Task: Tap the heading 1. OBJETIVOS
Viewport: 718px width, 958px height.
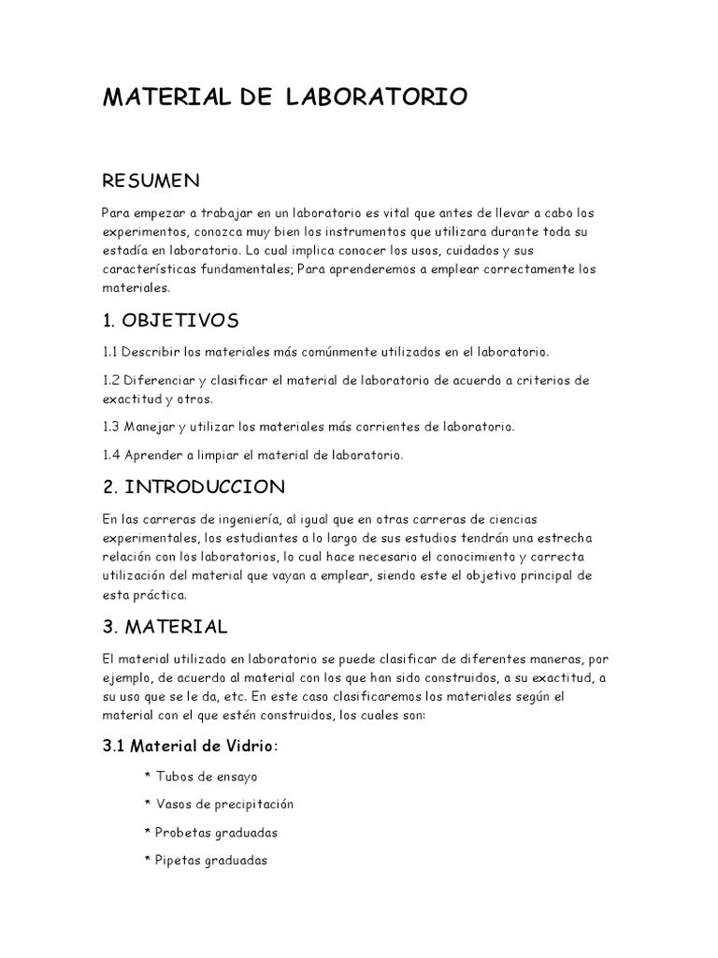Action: point(170,321)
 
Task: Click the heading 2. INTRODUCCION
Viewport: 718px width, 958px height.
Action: point(194,486)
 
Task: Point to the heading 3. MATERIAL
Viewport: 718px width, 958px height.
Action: point(165,625)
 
